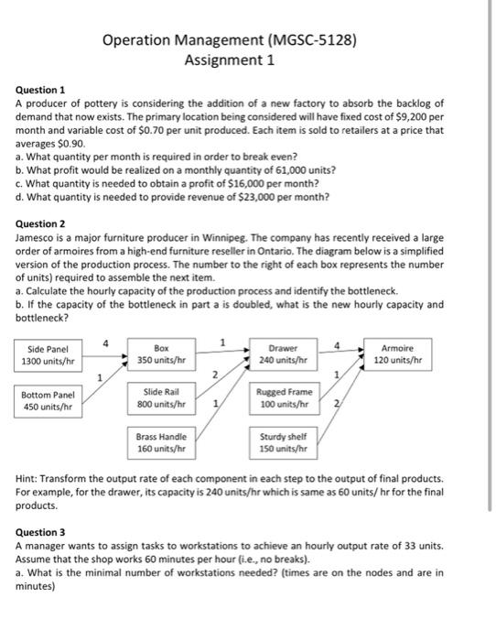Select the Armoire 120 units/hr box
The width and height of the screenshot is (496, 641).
(x=396, y=355)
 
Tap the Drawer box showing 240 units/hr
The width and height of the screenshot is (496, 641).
(x=280, y=355)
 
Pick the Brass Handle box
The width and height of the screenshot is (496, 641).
(x=161, y=443)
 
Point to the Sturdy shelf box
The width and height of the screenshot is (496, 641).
(x=280, y=443)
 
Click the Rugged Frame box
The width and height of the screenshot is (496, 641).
(x=280, y=398)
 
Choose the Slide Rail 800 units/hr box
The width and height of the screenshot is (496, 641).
(x=161, y=398)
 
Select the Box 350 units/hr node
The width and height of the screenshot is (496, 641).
(x=161, y=355)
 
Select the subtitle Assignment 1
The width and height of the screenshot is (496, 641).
(x=229, y=60)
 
